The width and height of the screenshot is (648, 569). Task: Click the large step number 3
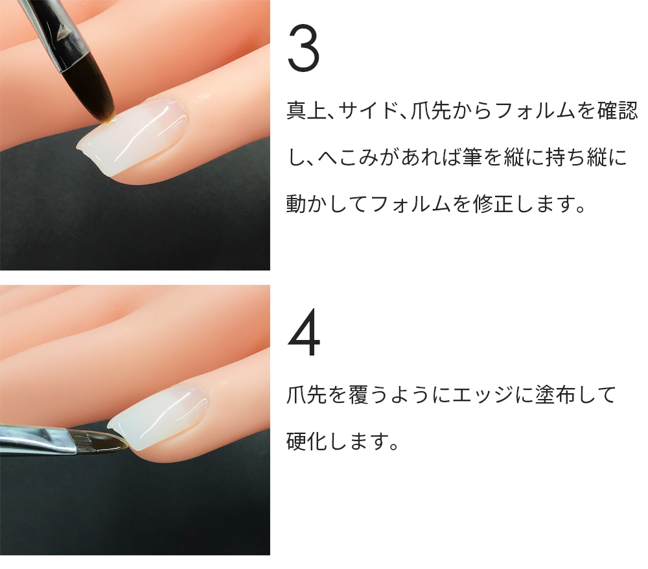304,49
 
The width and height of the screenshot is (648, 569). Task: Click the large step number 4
304,332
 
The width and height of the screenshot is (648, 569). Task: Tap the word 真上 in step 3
307,110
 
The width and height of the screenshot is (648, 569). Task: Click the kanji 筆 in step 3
472,157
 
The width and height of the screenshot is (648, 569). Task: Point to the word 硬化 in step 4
307,441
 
